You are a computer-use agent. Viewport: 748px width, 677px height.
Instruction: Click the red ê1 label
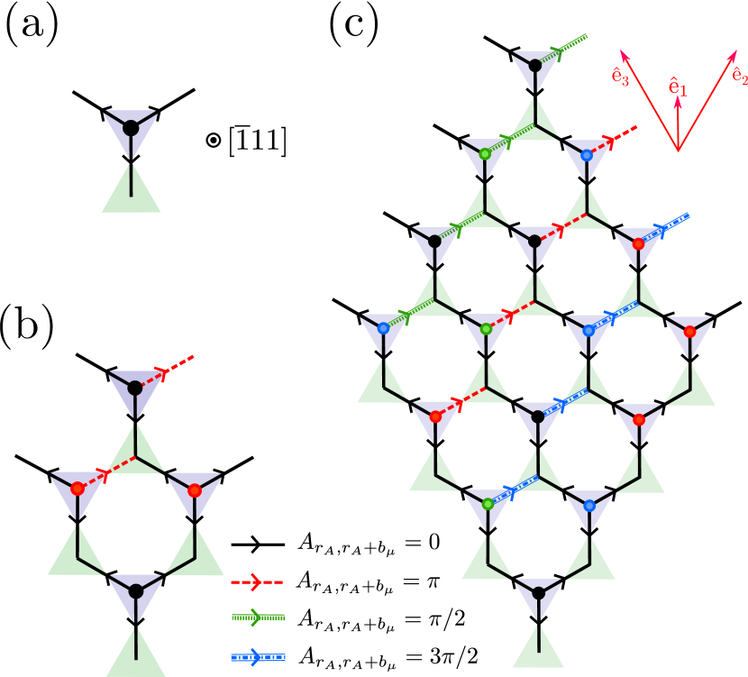pos(678,87)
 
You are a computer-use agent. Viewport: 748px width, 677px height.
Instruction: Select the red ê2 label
pos(740,76)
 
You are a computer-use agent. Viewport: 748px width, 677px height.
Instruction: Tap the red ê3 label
pos(620,77)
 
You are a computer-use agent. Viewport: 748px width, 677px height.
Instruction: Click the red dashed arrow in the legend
pos(257,582)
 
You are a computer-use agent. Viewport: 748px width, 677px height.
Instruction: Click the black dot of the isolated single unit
pos(131,128)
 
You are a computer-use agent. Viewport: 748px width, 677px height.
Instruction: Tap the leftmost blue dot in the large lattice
pos(383,328)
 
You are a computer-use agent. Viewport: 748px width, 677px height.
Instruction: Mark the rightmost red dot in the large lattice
pos(689,332)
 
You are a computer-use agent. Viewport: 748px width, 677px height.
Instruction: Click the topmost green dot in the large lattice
pos(485,154)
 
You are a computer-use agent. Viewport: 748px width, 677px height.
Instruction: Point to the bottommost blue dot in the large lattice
pos(589,506)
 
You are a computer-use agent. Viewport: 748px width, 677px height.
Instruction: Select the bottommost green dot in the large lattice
pos(488,504)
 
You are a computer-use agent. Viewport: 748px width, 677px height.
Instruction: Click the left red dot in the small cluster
pos(78,489)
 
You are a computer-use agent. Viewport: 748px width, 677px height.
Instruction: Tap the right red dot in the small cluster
pos(194,490)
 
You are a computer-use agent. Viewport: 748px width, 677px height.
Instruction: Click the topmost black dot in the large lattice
pos(535,65)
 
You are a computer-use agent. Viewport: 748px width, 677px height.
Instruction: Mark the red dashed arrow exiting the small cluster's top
pos(171,369)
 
